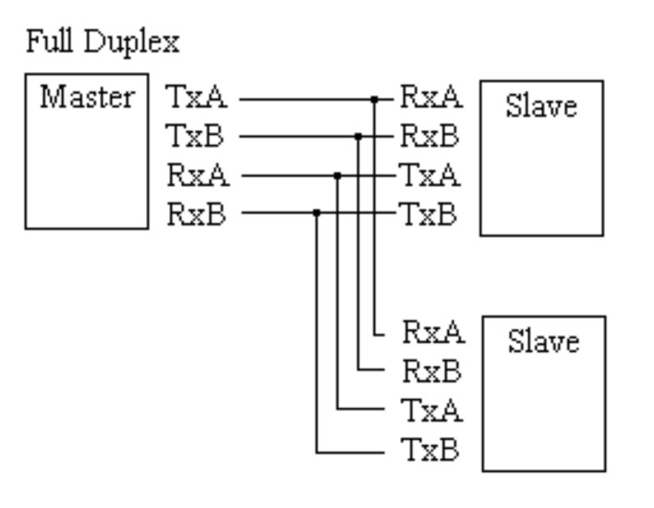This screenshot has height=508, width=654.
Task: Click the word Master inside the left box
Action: pos(86,96)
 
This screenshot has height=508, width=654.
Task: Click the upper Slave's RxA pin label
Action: pos(430,96)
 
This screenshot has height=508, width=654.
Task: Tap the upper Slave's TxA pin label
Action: pos(430,174)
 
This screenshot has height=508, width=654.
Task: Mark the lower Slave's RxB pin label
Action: pos(432,370)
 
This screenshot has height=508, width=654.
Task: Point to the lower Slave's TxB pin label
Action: pos(431,451)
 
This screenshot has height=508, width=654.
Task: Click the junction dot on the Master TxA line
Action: pos(375,97)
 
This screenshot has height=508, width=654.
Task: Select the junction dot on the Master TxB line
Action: pos(357,136)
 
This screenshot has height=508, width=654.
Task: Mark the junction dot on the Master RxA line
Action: pos(337,174)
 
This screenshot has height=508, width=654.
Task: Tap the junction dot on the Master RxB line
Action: pos(317,212)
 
